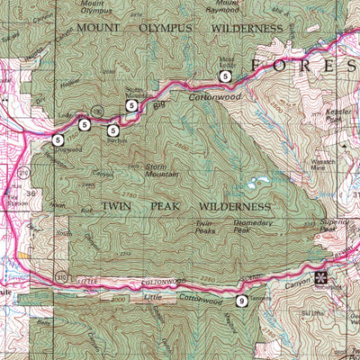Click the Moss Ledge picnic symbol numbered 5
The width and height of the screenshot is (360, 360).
226,76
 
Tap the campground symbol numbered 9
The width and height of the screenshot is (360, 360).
241,300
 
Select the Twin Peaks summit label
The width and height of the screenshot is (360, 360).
205,226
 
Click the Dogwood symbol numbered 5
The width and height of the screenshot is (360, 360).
58,139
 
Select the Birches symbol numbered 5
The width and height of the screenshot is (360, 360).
113,130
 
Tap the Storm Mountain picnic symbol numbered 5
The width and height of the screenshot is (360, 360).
131,105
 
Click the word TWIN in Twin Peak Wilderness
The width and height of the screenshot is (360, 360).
116,206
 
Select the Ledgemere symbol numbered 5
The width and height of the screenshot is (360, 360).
84,124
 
